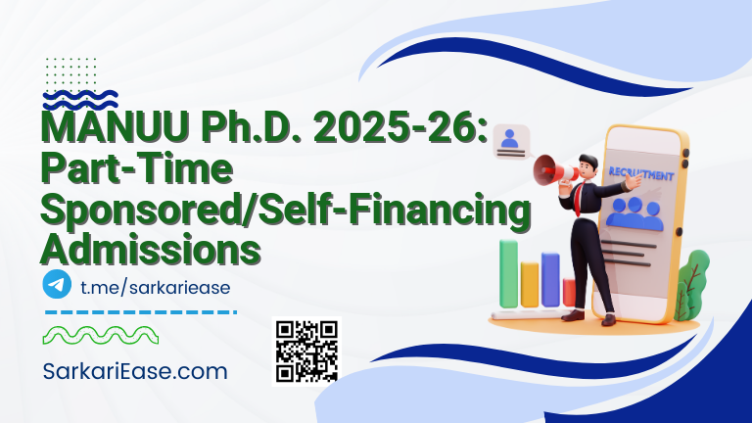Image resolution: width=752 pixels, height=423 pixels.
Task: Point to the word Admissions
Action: point(151,247)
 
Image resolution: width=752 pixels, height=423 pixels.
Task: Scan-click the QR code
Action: point(305,351)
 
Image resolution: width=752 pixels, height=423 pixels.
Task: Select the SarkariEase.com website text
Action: point(135,371)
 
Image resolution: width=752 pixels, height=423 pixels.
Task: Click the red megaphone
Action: point(554,172)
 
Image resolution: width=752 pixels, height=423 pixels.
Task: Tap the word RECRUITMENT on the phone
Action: point(640,175)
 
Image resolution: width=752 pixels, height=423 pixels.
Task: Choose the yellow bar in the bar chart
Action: point(530,284)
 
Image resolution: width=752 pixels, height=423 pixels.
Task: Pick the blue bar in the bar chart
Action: point(550,279)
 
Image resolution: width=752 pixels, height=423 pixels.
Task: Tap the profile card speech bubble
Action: point(509,143)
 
